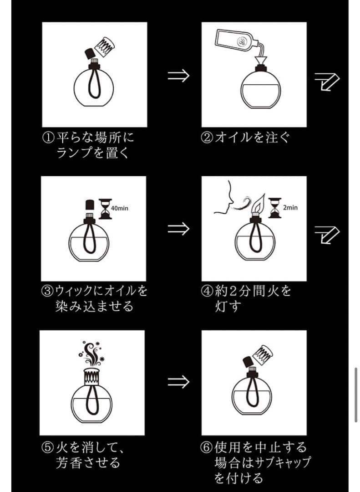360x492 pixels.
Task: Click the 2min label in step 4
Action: [290, 207]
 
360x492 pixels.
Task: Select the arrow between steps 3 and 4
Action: [178, 229]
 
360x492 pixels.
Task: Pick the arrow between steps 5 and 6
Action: [178, 382]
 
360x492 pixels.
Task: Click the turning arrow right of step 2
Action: [327, 82]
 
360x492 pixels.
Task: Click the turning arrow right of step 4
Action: [327, 235]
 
